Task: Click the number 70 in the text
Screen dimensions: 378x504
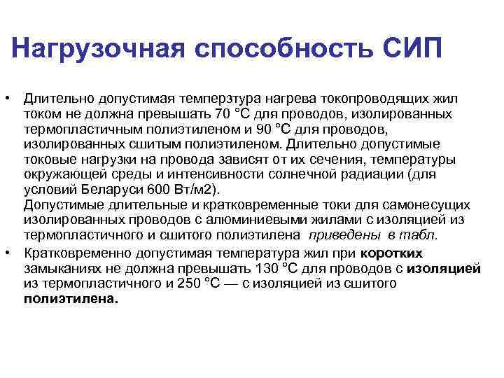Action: coord(223,113)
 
